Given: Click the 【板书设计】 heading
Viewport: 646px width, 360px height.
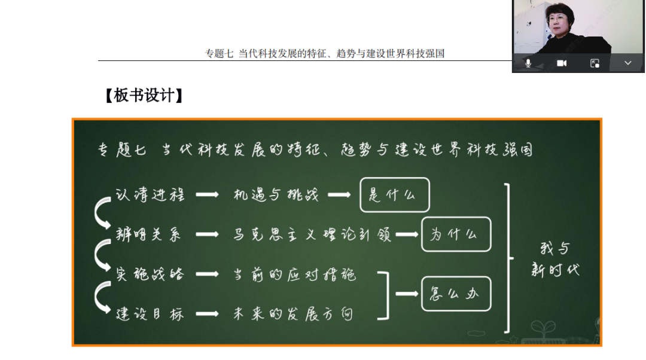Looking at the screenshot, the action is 144,96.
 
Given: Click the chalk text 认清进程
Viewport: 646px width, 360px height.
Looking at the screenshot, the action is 150,195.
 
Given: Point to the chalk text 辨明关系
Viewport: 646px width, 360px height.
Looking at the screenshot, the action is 148,234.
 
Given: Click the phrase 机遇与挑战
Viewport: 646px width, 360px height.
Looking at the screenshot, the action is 276,195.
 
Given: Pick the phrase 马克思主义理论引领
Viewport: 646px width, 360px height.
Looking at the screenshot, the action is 312,234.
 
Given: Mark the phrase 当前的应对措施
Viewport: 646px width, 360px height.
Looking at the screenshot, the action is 294,274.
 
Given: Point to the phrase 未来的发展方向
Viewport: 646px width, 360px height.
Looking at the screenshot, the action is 293,314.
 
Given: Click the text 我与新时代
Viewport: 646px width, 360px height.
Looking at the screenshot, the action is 555,260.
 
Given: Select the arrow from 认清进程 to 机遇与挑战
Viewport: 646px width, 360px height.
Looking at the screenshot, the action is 207,195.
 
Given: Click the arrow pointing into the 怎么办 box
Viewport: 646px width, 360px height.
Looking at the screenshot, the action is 407,294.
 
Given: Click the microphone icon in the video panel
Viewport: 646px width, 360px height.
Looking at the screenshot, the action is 528,63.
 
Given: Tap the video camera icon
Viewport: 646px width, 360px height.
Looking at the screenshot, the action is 562,63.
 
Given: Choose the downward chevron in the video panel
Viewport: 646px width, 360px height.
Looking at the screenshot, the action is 628,63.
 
